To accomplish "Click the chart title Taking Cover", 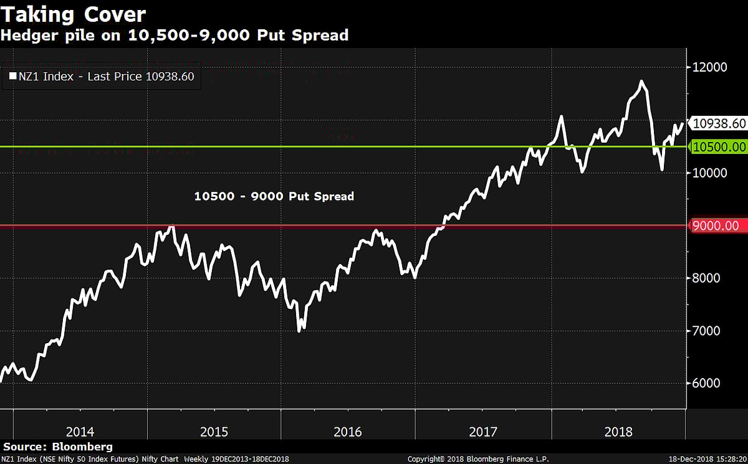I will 74,14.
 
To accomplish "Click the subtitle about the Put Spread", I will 175,36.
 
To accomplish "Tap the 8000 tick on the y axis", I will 706,278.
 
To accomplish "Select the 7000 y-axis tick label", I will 706,331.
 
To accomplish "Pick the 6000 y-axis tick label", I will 706,383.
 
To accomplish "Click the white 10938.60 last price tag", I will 719,123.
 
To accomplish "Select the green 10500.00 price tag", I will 719,147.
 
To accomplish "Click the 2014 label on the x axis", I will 80,432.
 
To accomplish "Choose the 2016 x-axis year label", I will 348,432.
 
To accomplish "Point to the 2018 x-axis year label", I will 618,432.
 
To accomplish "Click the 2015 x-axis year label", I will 214,432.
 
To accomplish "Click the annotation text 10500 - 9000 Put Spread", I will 274,196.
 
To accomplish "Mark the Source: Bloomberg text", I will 58,447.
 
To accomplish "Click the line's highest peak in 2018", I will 641,82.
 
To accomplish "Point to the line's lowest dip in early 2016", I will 300,330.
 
